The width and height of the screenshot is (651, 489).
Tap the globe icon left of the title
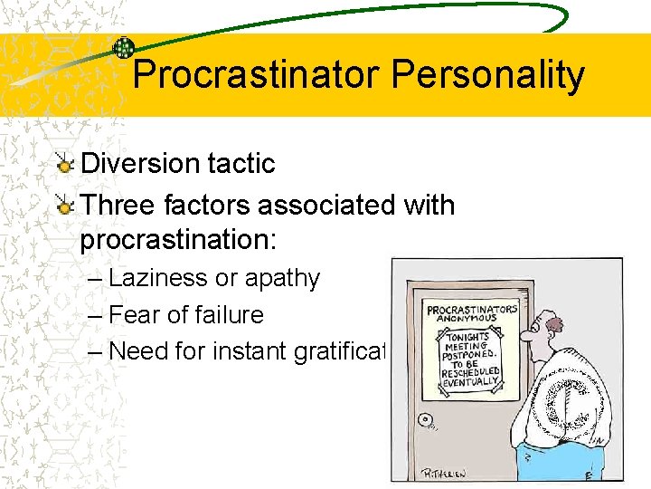124,48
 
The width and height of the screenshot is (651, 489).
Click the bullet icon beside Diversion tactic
64,164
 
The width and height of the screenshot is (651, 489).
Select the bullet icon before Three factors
64,206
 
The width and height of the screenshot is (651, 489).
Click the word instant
248,351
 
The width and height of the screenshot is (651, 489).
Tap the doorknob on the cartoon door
425,420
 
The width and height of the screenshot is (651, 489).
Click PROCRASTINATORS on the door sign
471,309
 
